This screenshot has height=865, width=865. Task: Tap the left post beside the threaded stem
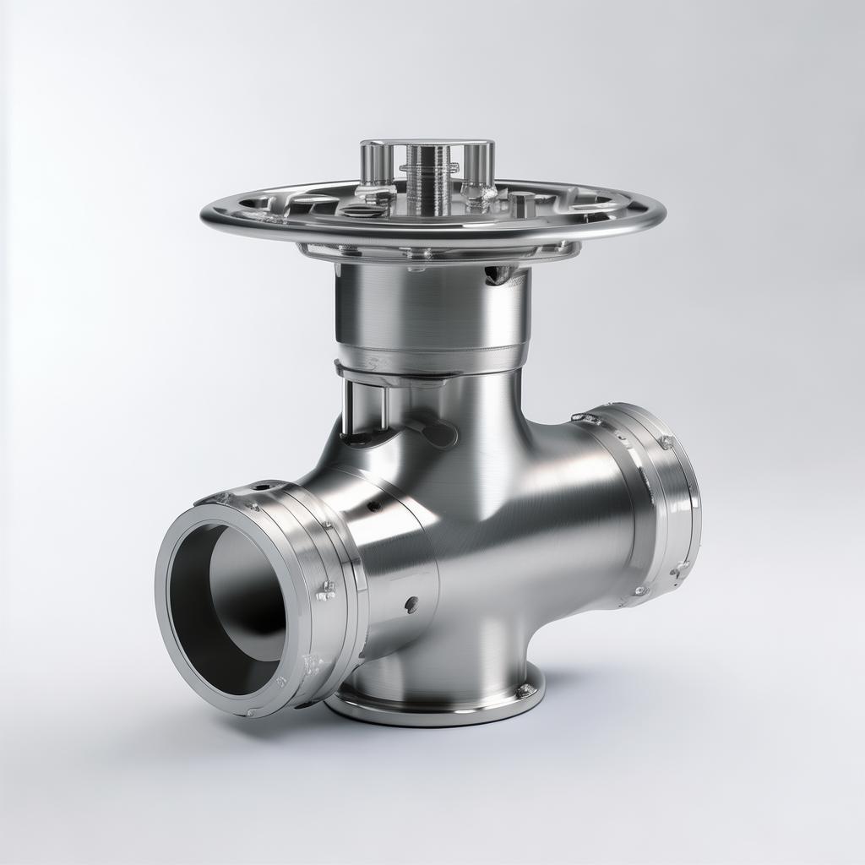coord(375,165)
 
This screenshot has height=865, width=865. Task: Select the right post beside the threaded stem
coord(478,167)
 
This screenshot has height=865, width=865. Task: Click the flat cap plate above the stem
coord(426,143)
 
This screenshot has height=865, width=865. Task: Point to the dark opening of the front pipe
coord(228,608)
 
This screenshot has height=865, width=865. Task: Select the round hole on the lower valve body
coord(411,604)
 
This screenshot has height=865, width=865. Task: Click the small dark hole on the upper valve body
coord(373,506)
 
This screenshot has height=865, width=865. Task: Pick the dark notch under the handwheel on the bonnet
coord(499,274)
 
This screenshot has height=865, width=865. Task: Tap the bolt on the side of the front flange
coord(326,590)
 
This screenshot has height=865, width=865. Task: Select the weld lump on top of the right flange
coord(586,418)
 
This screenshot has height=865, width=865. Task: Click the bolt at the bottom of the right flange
coord(640,590)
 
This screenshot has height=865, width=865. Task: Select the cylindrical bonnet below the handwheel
coord(432,313)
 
